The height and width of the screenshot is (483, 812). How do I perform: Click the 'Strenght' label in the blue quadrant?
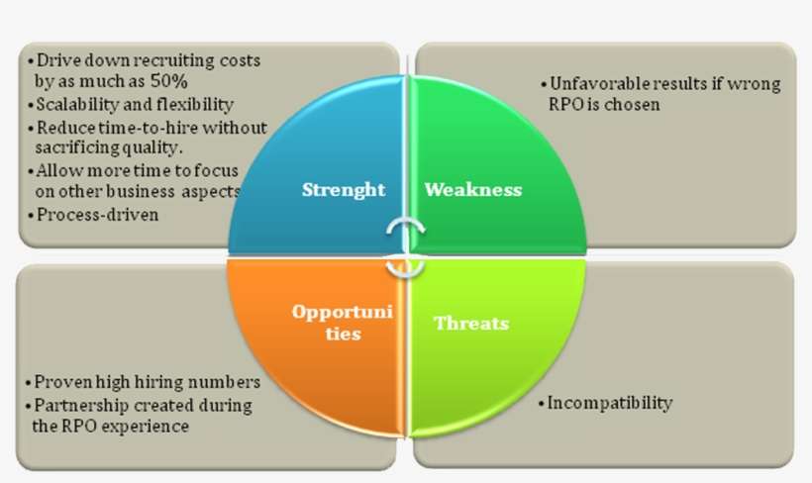[x=344, y=190]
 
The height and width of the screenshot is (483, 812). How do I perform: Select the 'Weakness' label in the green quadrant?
[x=472, y=190]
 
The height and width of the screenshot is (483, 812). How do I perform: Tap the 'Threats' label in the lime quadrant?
[x=471, y=324]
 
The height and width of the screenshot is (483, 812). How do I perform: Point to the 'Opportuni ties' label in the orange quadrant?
[x=343, y=322]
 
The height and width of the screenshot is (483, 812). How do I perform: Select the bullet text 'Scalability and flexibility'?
[x=134, y=104]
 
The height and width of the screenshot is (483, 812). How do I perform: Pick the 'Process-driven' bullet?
[x=96, y=214]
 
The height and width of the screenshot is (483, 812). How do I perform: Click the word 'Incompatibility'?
[x=610, y=403]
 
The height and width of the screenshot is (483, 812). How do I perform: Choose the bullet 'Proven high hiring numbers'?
[x=147, y=382]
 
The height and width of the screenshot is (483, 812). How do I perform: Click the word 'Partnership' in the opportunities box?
[x=81, y=405]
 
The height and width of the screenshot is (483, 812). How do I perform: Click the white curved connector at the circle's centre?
[x=404, y=247]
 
